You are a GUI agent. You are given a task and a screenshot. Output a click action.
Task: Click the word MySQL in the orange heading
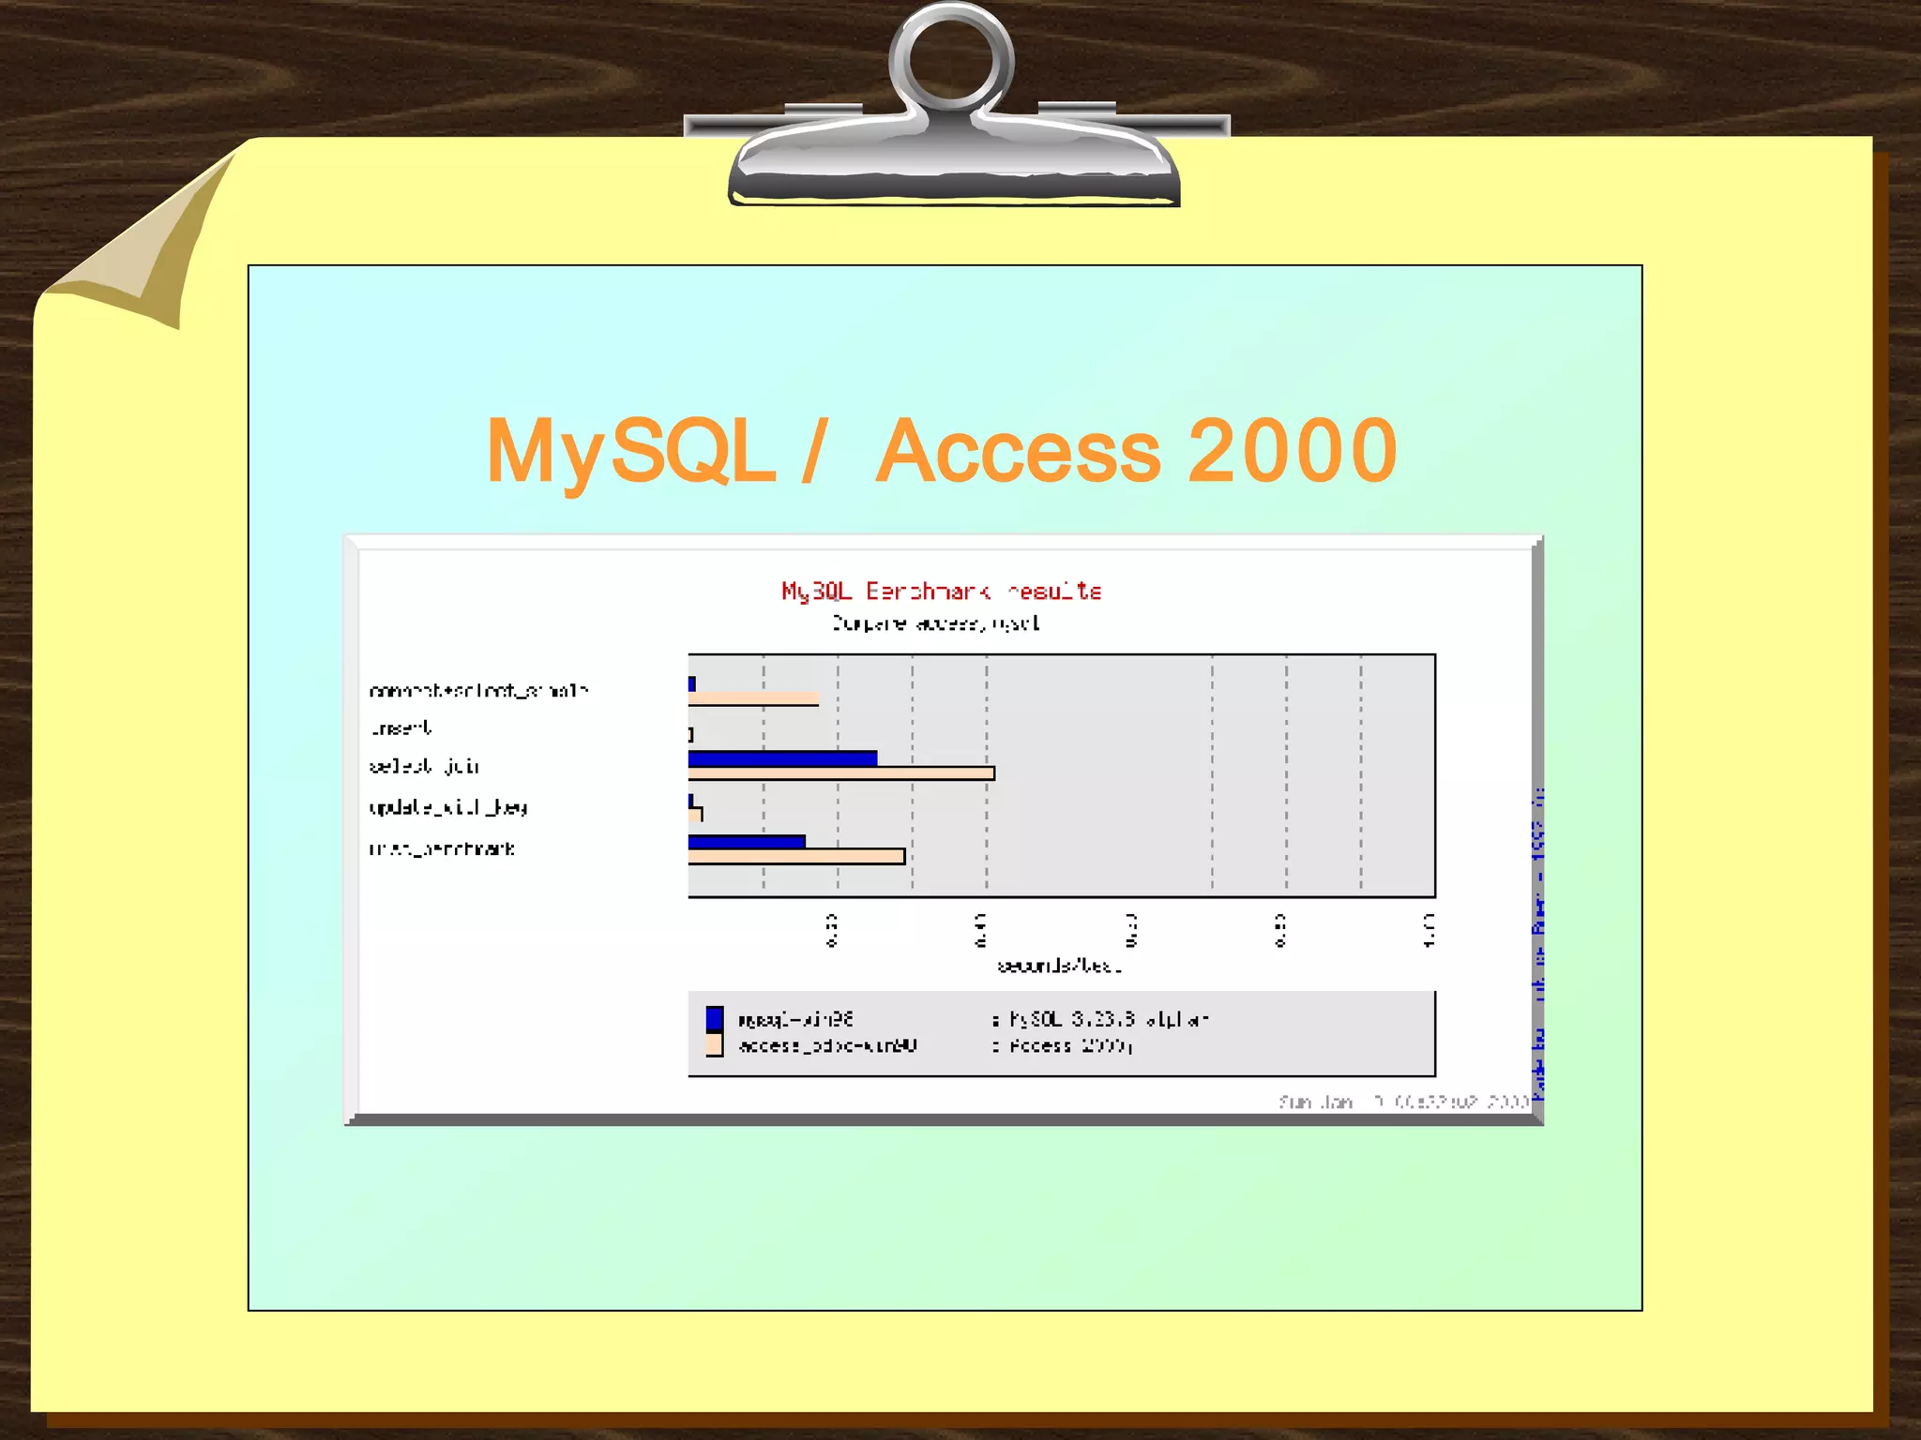[x=630, y=452]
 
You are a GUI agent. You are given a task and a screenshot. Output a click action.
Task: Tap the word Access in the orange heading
[x=1018, y=452]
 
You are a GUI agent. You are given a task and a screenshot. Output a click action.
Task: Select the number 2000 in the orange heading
[x=1293, y=452]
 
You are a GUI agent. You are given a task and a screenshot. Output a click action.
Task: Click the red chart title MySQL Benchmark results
[x=941, y=592]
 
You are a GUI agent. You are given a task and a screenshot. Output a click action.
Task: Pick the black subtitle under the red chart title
[x=935, y=623]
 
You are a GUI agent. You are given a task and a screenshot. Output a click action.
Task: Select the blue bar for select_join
[x=782, y=758]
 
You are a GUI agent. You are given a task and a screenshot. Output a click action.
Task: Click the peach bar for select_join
[x=841, y=773]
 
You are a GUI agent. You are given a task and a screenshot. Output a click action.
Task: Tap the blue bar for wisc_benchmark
[x=747, y=841]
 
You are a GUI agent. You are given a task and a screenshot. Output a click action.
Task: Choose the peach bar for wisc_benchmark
[x=796, y=856]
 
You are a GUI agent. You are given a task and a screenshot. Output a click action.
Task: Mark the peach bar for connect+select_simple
[x=754, y=698]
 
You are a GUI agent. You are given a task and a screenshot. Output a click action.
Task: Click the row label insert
[x=401, y=728]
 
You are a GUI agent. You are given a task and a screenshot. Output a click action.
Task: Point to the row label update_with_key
[x=448, y=807]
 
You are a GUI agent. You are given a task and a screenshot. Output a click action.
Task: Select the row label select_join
[x=424, y=767]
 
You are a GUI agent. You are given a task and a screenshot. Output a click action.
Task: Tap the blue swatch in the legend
[x=715, y=1019]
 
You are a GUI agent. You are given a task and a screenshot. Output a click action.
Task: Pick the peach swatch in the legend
[x=715, y=1044]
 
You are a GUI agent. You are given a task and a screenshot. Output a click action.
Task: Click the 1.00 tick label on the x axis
[x=1429, y=930]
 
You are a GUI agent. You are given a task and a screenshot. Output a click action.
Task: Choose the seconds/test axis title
[x=1059, y=966]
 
